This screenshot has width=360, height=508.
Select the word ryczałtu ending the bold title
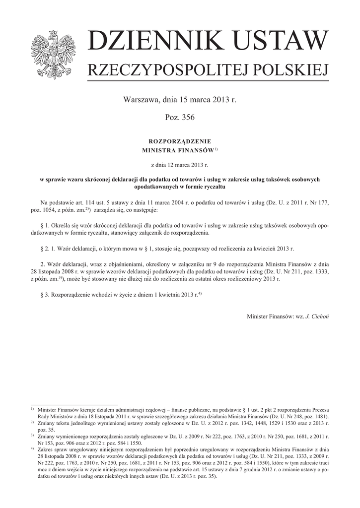214,187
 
